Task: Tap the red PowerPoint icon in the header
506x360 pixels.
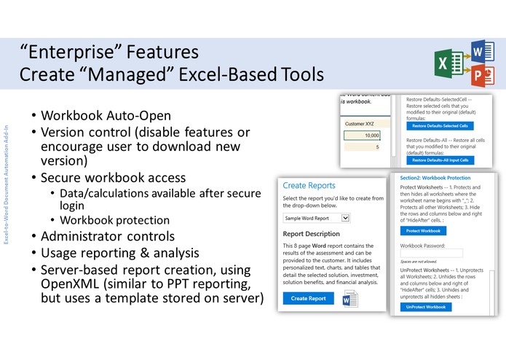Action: coord(478,74)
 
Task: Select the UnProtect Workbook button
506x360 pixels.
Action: coord(426,307)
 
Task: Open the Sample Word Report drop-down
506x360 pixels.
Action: coord(317,217)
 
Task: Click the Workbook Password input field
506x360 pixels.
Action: coord(431,253)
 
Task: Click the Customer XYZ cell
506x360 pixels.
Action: coord(361,124)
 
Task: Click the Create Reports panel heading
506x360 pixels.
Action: coord(309,186)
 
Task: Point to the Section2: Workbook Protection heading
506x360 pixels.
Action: coord(435,178)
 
